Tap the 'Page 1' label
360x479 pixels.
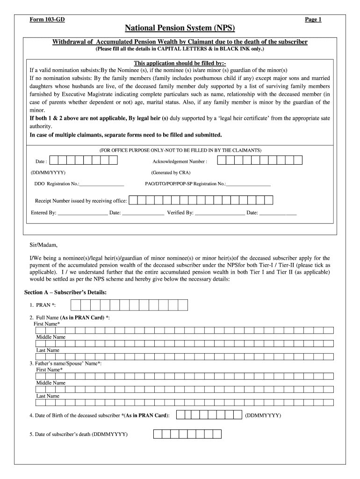click(313, 20)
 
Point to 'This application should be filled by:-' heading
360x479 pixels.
click(180, 63)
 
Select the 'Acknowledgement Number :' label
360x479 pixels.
click(180, 161)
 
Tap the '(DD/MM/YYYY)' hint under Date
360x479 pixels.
click(49, 173)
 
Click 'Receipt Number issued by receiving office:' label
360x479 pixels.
click(81, 201)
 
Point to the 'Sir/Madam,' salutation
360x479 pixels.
click(43, 245)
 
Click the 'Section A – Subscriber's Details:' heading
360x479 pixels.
click(65, 292)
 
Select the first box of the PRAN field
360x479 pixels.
click(75, 305)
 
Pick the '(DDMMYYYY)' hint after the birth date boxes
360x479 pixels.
click(263, 415)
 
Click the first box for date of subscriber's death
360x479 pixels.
click(158, 434)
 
